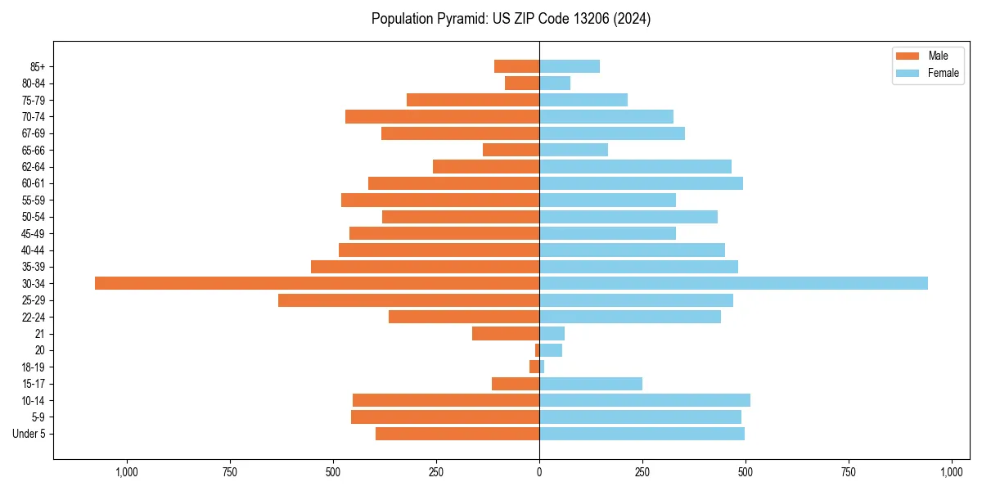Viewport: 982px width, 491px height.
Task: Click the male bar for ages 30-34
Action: pos(317,283)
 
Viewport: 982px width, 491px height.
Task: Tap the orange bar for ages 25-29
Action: pos(408,300)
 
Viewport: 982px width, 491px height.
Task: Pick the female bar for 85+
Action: pos(570,66)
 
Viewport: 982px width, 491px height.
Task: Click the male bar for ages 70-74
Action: pos(442,116)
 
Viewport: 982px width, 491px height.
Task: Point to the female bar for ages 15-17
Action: pos(591,384)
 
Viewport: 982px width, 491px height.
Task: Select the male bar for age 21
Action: pos(506,334)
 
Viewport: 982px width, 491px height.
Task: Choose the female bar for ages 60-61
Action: pos(641,183)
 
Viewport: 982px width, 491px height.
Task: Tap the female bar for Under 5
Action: pos(642,434)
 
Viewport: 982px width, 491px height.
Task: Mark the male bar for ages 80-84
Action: pos(522,83)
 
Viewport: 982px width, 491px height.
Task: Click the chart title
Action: pos(511,19)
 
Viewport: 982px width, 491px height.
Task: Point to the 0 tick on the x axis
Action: pos(539,473)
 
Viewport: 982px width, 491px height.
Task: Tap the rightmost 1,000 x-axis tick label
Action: pos(952,473)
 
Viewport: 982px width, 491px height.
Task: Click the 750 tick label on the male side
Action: pos(230,473)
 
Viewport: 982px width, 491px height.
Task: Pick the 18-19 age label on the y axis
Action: pos(34,367)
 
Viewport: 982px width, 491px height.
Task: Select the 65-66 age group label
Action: pos(34,150)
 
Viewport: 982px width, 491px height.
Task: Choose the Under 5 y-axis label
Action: pos(29,434)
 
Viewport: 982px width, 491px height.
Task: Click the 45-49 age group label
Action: pos(34,233)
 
